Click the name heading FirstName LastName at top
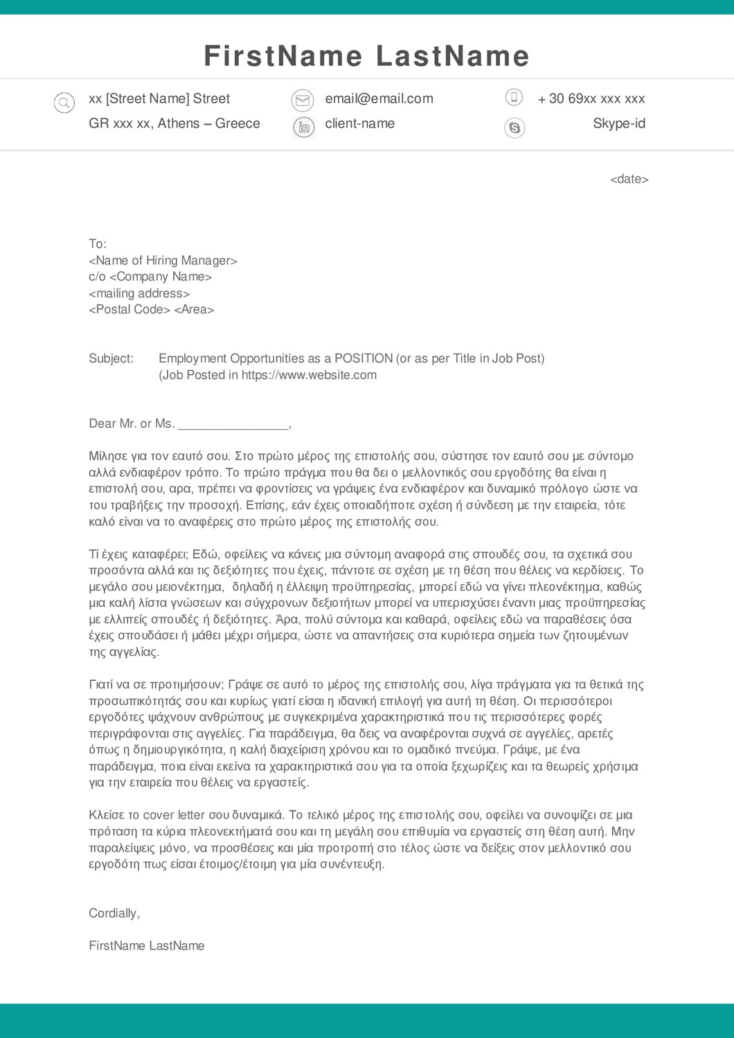pyautogui.click(x=366, y=56)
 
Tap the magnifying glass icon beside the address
pyautogui.click(x=64, y=103)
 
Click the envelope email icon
pyautogui.click(x=303, y=100)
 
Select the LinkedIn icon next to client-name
pyautogui.click(x=303, y=127)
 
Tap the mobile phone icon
pyautogui.click(x=514, y=97)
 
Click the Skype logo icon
pyautogui.click(x=514, y=127)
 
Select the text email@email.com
pyautogui.click(x=379, y=99)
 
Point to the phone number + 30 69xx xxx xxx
pyautogui.click(x=591, y=99)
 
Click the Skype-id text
pyautogui.click(x=619, y=124)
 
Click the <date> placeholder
pyautogui.click(x=629, y=179)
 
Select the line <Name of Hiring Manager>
pyautogui.click(x=163, y=261)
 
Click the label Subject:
pyautogui.click(x=111, y=358)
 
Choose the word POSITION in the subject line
pyautogui.click(x=364, y=358)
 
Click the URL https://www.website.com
pyautogui.click(x=309, y=375)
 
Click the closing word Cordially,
pyautogui.click(x=114, y=913)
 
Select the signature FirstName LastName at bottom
pyautogui.click(x=146, y=946)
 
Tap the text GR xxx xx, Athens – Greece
pyautogui.click(x=174, y=124)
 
